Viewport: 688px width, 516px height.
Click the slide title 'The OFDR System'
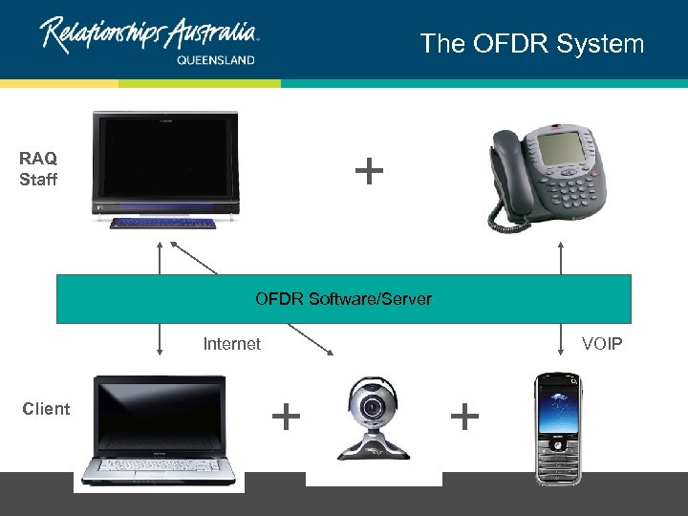(532, 44)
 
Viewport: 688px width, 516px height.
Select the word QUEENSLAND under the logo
(216, 59)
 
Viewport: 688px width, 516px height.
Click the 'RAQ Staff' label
(38, 169)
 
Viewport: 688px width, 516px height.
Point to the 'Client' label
(46, 409)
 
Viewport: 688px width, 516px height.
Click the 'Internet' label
(231, 344)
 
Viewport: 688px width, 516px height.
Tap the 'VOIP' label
(602, 344)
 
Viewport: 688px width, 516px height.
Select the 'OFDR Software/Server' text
(343, 299)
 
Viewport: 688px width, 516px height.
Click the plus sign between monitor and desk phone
(369, 172)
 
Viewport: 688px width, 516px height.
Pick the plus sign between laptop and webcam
(286, 416)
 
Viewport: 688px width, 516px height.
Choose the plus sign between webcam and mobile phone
(463, 416)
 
